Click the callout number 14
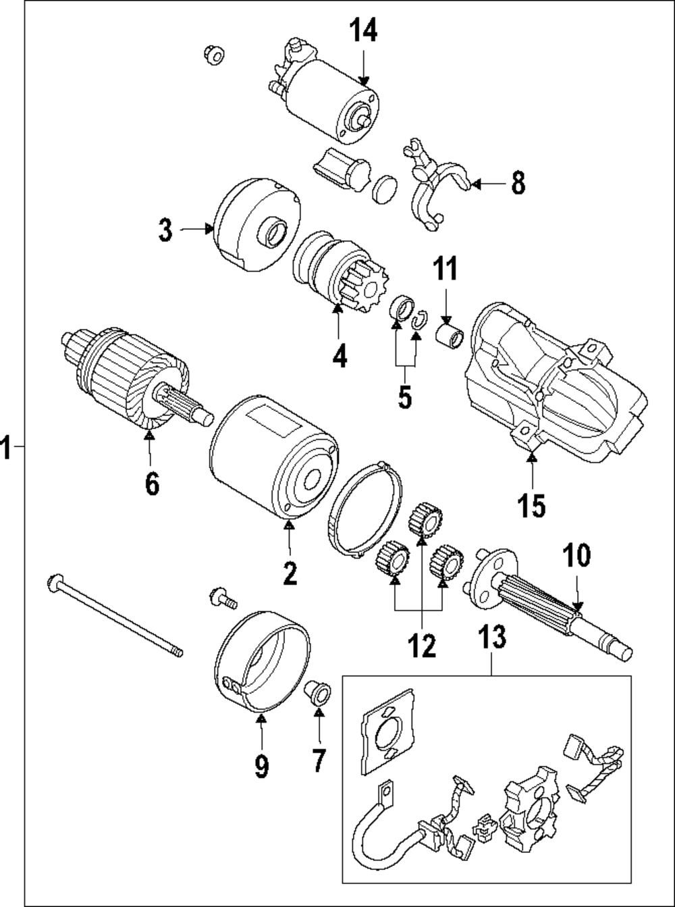coord(363,31)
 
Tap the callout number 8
coord(517,183)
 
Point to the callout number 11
coord(444,269)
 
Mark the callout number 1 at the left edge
coord(6,448)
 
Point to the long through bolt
coord(115,615)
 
